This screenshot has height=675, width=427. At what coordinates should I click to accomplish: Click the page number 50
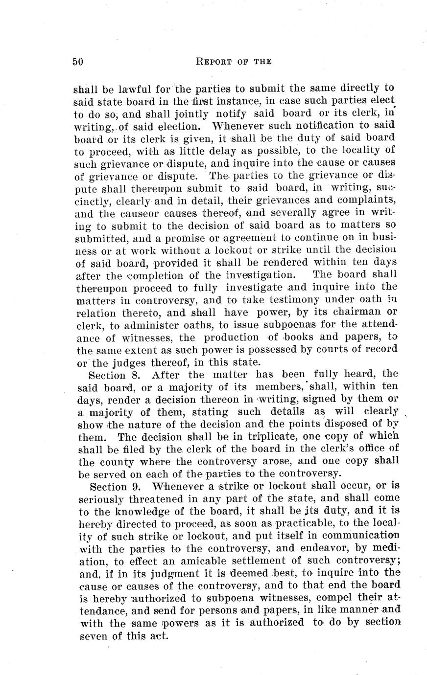click(x=78, y=62)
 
